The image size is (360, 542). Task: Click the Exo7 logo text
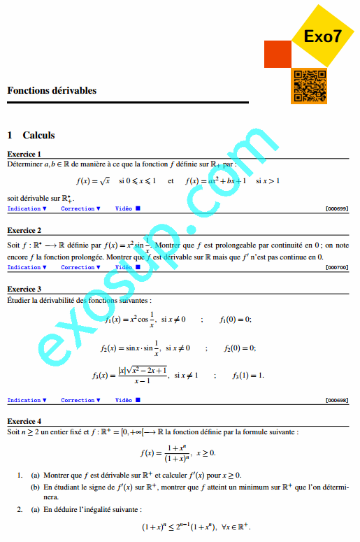pyautogui.click(x=324, y=37)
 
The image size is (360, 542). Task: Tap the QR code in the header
pyautogui.click(x=308, y=86)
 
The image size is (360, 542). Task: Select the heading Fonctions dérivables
pyautogui.click(x=52, y=90)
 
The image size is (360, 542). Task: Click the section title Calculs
pyautogui.click(x=38, y=135)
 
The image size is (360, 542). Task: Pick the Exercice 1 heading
pyautogui.click(x=24, y=154)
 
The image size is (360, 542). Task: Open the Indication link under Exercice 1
pyautogui.click(x=27, y=208)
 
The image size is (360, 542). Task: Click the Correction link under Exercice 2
pyautogui.click(x=80, y=267)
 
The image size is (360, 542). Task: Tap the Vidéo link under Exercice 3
pyautogui.click(x=128, y=400)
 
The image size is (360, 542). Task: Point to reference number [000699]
pyautogui.click(x=337, y=208)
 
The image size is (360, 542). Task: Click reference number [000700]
pyautogui.click(x=337, y=267)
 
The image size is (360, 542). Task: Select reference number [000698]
pyautogui.click(x=337, y=400)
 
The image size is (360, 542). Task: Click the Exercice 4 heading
pyautogui.click(x=24, y=422)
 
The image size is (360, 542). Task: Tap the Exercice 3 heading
pyautogui.click(x=24, y=289)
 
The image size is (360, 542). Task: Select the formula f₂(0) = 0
pyautogui.click(x=240, y=348)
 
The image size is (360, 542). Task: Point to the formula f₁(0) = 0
pyautogui.click(x=235, y=320)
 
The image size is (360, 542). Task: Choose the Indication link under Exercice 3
pyautogui.click(x=27, y=400)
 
